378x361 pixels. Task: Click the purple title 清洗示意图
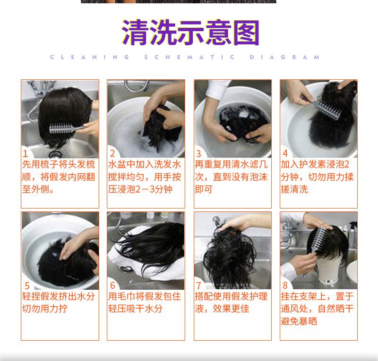190,33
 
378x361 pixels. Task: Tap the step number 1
26,154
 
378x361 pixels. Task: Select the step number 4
285,153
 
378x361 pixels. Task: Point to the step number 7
198,285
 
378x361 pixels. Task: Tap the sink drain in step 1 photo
54,154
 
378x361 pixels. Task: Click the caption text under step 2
145,177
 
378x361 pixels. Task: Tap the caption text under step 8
317,309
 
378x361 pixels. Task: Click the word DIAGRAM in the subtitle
285,57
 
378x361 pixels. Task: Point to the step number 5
27,286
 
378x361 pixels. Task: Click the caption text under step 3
231,177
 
